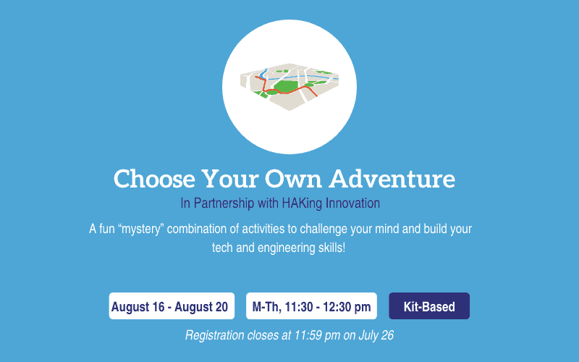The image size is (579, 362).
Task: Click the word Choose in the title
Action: (154, 179)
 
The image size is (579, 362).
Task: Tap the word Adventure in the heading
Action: (392, 179)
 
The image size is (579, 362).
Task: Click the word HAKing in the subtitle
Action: (302, 203)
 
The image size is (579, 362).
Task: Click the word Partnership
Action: (224, 203)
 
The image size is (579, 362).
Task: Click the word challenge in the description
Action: (324, 230)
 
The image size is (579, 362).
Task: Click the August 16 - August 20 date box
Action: (172, 306)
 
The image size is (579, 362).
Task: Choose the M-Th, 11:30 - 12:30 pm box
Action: (311, 306)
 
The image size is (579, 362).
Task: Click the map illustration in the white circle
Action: (289, 87)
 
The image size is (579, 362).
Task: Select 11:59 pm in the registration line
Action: (317, 335)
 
